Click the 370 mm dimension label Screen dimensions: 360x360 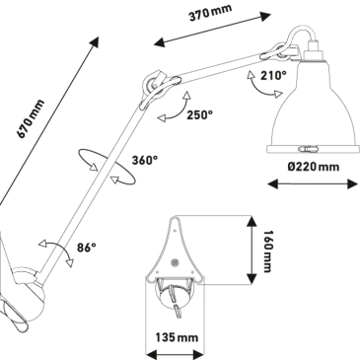coord(211,13)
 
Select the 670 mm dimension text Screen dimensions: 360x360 coord(31,118)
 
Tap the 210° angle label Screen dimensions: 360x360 coord(273,76)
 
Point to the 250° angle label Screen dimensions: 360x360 coord(199,115)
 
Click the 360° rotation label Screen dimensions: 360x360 coord(145,160)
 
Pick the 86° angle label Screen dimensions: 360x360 coord(87,248)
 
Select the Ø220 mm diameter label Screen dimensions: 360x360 coord(314,167)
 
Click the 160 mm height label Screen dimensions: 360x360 coord(268,252)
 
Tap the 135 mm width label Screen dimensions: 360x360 coord(177,337)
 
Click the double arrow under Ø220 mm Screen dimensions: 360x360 coord(313,184)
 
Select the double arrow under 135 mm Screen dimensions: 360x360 coord(175,355)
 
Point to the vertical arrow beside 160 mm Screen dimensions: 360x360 coord(252,250)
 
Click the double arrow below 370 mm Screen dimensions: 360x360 coord(212,29)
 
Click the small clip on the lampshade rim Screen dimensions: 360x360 coord(308,149)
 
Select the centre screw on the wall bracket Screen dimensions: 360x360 coord(174,262)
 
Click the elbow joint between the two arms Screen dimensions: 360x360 coord(154,86)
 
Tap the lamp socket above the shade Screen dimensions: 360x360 coord(312,52)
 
